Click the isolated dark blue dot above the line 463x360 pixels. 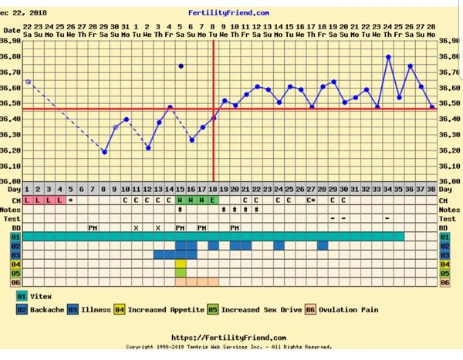[181, 66]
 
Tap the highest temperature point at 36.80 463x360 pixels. [388, 56]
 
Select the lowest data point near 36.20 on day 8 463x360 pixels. [104, 152]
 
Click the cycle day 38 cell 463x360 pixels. [431, 189]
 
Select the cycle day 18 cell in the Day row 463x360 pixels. [213, 189]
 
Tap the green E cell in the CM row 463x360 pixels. [213, 199]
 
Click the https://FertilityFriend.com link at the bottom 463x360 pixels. [218, 338]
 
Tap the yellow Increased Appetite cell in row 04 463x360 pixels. [181, 264]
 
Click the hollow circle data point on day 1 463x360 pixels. [28, 81]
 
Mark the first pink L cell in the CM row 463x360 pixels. [27, 199]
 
